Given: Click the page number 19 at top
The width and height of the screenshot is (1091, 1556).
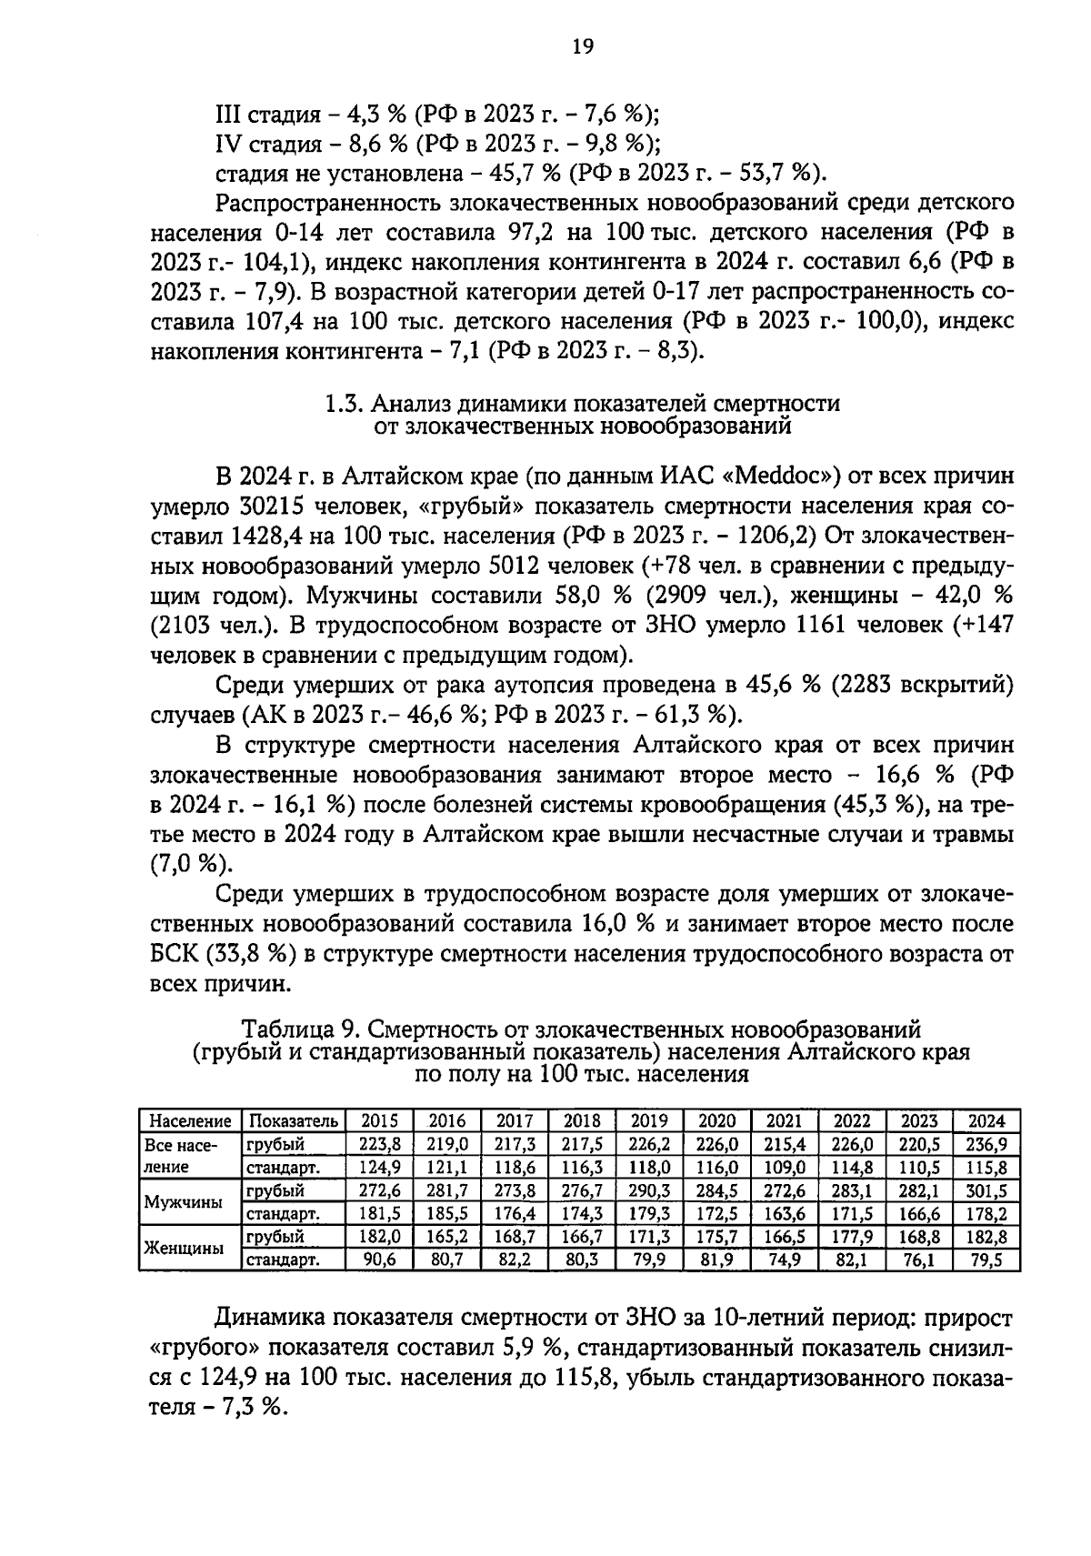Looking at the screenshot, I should pyautogui.click(x=583, y=47).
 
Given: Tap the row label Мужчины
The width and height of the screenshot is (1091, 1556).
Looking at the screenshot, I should pyautogui.click(x=184, y=1201).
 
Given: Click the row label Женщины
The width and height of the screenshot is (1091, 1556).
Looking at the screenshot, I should pyautogui.click(x=185, y=1248).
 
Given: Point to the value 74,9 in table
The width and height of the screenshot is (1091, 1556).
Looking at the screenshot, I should pyautogui.click(x=784, y=1260).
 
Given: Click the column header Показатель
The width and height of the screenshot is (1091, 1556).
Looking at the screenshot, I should pyautogui.click(x=294, y=1120).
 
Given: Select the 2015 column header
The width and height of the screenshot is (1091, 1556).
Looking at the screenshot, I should pyautogui.click(x=380, y=1120).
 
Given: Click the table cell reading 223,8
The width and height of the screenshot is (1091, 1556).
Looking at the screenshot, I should pyautogui.click(x=380, y=1144).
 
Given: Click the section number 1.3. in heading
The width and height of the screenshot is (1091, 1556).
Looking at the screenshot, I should pyautogui.click(x=345, y=404).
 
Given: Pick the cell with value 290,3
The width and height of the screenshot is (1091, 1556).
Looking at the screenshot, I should pyautogui.click(x=649, y=1190).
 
